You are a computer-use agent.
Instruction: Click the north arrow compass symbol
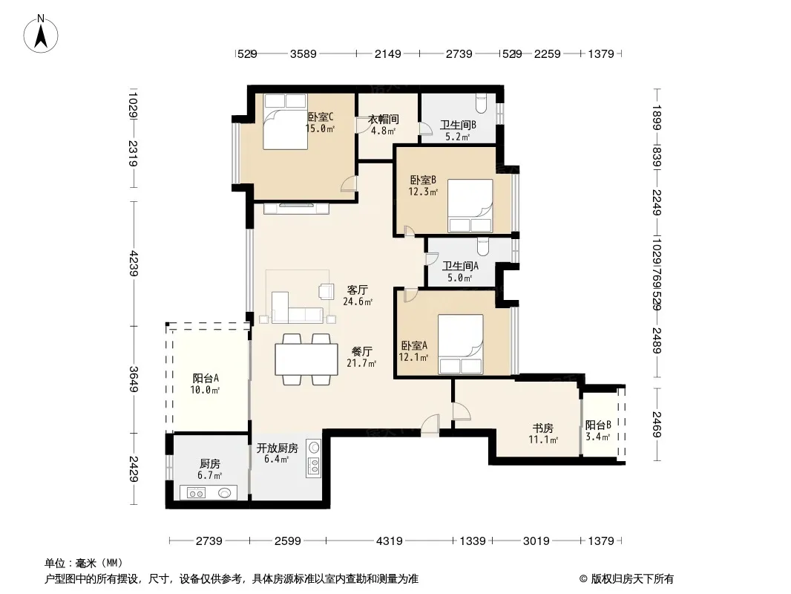click(41, 34)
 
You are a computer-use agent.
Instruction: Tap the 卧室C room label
click(321, 117)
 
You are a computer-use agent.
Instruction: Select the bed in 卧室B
click(470, 206)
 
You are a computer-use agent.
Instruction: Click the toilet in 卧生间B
click(481, 104)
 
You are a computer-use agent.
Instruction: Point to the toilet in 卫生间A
click(483, 247)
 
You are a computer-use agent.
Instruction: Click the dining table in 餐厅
click(306, 359)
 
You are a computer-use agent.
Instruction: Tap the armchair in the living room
click(326, 291)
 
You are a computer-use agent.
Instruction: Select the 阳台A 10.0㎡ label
click(206, 384)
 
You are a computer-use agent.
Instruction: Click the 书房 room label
click(543, 428)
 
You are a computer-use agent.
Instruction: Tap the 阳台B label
click(598, 425)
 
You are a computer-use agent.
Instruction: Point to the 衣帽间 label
click(384, 119)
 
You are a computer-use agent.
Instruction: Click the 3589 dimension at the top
click(303, 53)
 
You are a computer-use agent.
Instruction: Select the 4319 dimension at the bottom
click(390, 541)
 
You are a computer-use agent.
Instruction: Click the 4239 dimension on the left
click(133, 263)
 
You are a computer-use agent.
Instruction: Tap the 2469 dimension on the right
click(656, 425)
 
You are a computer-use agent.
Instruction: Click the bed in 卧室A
click(461, 345)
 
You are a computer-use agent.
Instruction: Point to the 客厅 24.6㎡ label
click(358, 296)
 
